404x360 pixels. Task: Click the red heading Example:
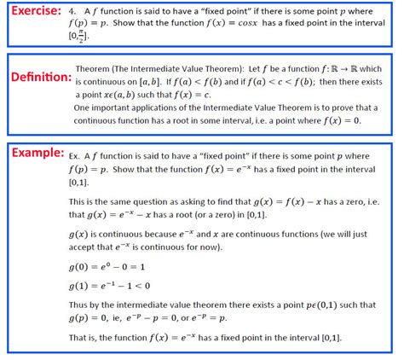pos(37,154)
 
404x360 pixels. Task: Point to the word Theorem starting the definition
pos(96,67)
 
